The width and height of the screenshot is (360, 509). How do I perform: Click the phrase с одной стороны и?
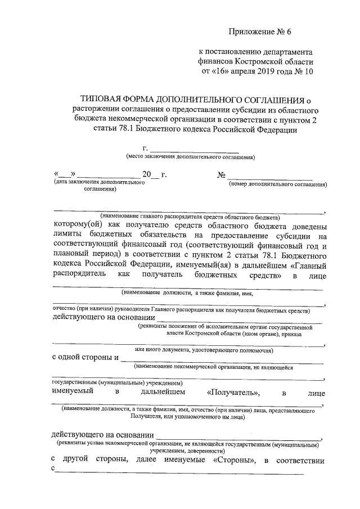pos(84,357)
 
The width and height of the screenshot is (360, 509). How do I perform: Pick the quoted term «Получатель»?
pos(232,393)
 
